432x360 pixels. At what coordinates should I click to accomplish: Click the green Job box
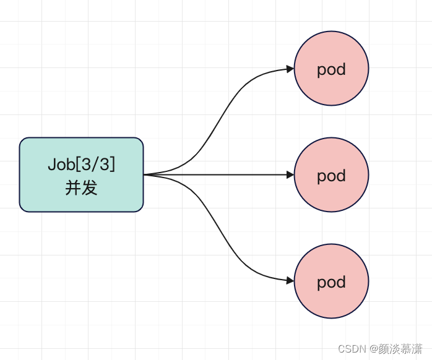(x=81, y=174)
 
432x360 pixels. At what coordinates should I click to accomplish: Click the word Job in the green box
(x=59, y=165)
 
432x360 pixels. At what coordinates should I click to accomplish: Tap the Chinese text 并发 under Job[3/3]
(x=81, y=187)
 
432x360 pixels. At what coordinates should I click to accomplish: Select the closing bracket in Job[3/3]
(x=113, y=165)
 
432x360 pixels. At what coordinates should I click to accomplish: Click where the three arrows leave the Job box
(x=145, y=174)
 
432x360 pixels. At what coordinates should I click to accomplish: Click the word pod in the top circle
(x=331, y=69)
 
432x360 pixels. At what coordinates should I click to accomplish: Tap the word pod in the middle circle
(x=331, y=176)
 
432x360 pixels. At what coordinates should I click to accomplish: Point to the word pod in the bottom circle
(x=331, y=283)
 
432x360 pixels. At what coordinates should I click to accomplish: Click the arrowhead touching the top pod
(x=290, y=69)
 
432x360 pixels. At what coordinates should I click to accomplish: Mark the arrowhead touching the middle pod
(x=290, y=174)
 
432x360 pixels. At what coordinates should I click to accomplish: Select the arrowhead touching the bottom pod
(x=290, y=280)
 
